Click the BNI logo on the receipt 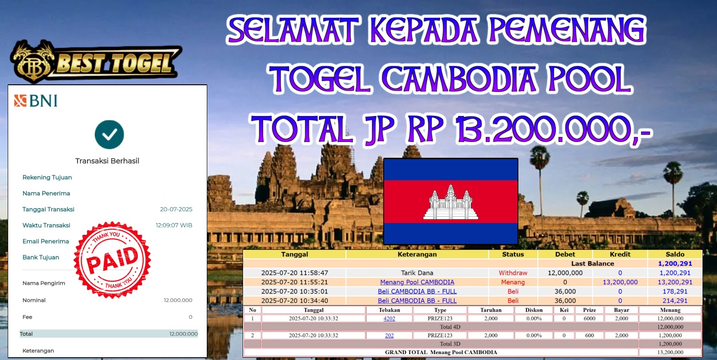pyautogui.click(x=35, y=101)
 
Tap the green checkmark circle pyautogui.click(x=109, y=134)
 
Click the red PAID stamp pyautogui.click(x=112, y=260)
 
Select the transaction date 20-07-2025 pyautogui.click(x=176, y=209)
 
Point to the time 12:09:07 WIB pyautogui.click(x=174, y=225)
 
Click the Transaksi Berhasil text pyautogui.click(x=107, y=161)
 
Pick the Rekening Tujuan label pyautogui.click(x=47, y=177)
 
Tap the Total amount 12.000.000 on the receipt pyautogui.click(x=183, y=334)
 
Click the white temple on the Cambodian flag pyautogui.click(x=451, y=202)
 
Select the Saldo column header pyautogui.click(x=675, y=254)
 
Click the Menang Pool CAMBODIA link pyautogui.click(x=417, y=282)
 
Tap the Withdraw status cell pyautogui.click(x=513, y=273)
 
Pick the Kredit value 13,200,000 pyautogui.click(x=620, y=282)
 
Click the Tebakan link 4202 pyautogui.click(x=389, y=318)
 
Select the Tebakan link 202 pyautogui.click(x=389, y=336)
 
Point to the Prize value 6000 pyautogui.click(x=589, y=318)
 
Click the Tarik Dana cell pyautogui.click(x=417, y=273)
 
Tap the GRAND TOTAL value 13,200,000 pyautogui.click(x=670, y=352)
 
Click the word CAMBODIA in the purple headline pyautogui.click(x=459, y=79)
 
